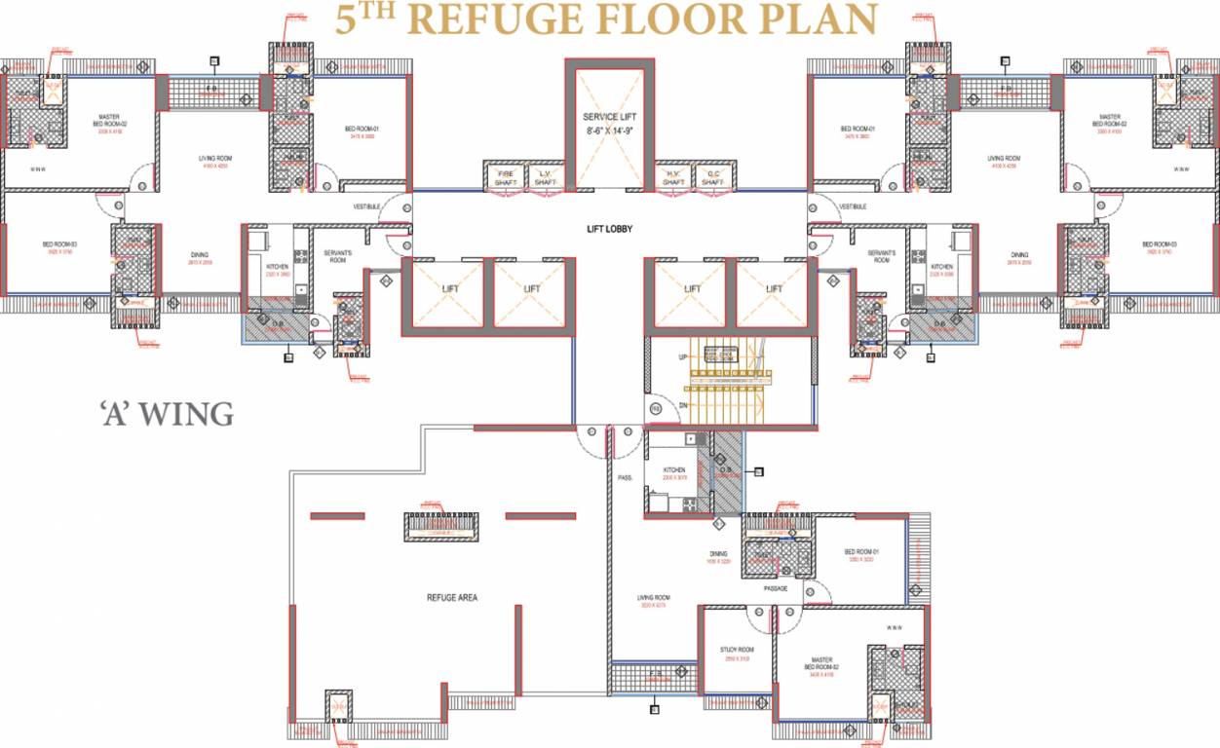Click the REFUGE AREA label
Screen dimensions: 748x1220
coord(451,597)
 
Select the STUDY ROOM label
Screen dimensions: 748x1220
coord(737,650)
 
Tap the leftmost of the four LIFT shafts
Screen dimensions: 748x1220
coord(449,289)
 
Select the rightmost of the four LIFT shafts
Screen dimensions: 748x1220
coord(774,289)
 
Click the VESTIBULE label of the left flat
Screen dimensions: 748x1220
coord(366,206)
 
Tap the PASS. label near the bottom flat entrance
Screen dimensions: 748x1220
coord(626,478)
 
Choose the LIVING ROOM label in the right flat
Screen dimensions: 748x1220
coord(1004,159)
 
